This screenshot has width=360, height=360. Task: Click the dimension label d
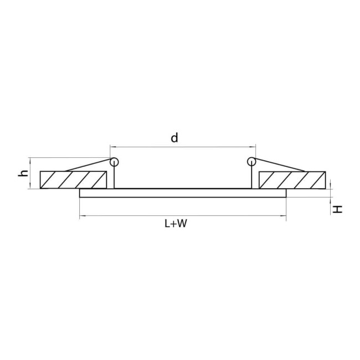[174, 138]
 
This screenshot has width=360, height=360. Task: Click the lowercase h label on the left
[23, 173]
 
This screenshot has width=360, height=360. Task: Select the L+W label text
[175, 224]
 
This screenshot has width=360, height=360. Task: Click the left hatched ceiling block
[73, 180]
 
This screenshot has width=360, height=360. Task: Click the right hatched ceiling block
[291, 180]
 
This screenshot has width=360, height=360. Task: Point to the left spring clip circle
[114, 162]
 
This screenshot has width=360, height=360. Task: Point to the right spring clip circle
[251, 162]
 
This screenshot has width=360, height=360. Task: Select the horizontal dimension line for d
[183, 147]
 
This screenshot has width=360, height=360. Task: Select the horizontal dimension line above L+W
[183, 215]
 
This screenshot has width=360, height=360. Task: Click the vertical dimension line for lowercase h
[30, 173]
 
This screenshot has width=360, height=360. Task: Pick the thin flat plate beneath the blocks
[183, 193]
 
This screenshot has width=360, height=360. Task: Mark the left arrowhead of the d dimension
[112, 147]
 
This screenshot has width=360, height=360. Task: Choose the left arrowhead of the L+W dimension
[83, 215]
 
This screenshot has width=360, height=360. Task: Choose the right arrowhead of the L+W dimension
[283, 215]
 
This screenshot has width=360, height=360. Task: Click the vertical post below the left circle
[114, 177]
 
